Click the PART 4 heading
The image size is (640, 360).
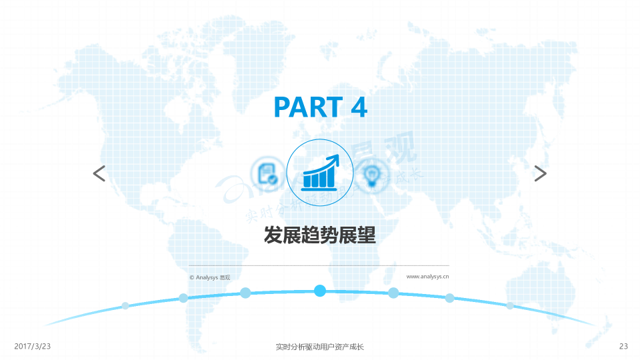[x=320, y=107]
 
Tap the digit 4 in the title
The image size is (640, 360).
[x=358, y=107]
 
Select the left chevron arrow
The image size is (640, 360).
[x=99, y=174]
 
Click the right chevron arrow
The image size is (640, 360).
[x=540, y=174]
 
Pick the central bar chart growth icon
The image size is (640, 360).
[x=319, y=172]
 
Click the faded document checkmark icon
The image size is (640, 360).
[x=269, y=174]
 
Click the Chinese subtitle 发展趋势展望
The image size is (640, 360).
[x=320, y=235]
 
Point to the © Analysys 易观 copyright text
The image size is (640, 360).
[x=210, y=277]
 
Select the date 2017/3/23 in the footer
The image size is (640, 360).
[x=33, y=347]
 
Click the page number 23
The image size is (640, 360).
[x=623, y=347]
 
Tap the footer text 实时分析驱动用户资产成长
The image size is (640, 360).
[x=319, y=347]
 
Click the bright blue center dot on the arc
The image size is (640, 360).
[x=320, y=291]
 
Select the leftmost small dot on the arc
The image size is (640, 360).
[x=125, y=306]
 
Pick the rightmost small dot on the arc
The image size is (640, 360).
[x=510, y=305]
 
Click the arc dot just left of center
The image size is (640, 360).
[x=245, y=293]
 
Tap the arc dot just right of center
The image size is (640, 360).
[x=393, y=293]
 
